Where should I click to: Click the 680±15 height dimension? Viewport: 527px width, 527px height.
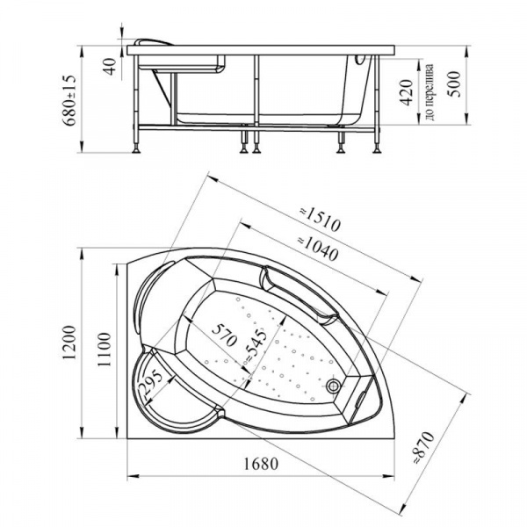click(x=70, y=100)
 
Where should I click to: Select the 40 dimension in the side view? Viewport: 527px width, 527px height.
click(x=110, y=67)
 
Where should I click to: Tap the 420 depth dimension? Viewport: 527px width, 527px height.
click(x=407, y=92)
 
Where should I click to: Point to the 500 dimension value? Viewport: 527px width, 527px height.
click(x=454, y=84)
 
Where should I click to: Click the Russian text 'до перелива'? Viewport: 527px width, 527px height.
click(x=430, y=91)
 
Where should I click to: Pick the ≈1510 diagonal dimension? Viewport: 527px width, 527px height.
click(x=320, y=220)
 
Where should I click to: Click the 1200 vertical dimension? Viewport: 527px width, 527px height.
click(x=70, y=343)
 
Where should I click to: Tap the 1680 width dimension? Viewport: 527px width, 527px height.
click(x=261, y=464)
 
